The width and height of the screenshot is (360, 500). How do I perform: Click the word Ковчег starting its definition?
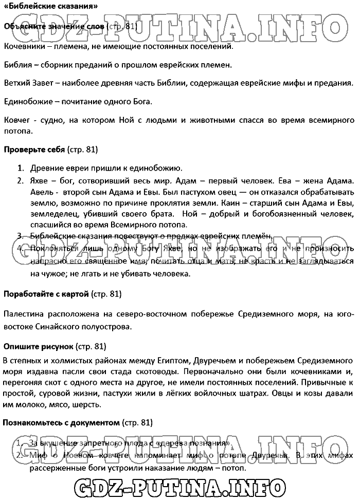coord(16,120)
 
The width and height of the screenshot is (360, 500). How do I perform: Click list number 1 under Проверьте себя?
coord(21,168)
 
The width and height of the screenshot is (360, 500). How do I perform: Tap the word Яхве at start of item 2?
coord(39,181)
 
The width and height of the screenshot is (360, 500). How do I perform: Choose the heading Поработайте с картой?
coord(46,294)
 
